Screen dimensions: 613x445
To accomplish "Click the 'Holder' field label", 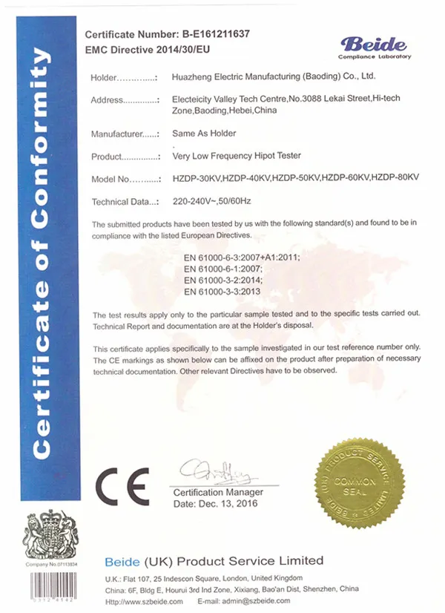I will pos(104,77).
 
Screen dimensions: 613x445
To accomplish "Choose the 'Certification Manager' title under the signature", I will pos(218,492).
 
